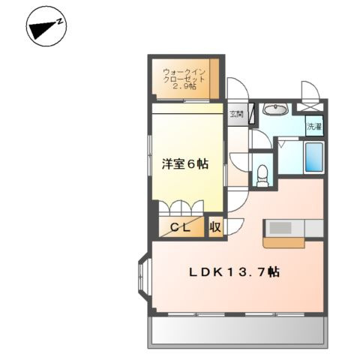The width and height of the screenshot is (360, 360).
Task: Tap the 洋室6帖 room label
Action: [185, 165]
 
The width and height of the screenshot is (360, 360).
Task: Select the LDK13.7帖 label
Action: [235, 273]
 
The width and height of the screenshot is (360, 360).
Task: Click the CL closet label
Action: [181, 226]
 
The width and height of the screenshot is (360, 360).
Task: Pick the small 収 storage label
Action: [215, 226]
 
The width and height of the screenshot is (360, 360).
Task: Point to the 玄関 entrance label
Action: [236, 114]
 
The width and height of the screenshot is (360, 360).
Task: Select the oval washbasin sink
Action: [275, 110]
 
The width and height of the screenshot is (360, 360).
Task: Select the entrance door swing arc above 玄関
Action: [237, 88]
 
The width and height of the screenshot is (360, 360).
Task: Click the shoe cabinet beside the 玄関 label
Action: [252, 114]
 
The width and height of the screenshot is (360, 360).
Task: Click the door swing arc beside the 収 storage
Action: [235, 223]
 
